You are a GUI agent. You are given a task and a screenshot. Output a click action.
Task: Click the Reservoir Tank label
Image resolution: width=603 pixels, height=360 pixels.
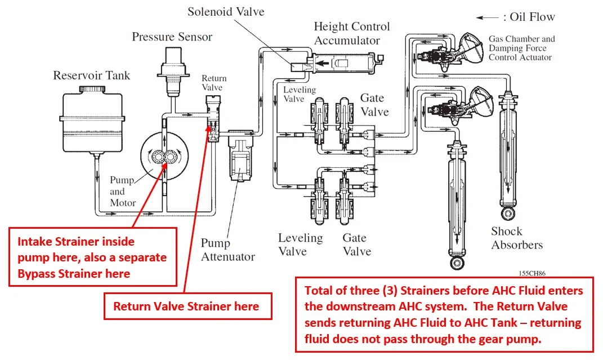coord(91,75)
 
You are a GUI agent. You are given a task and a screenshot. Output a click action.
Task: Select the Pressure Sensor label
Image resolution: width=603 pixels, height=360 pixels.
coord(172,37)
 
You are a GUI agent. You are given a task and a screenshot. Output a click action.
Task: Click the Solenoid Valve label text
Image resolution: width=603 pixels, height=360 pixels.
coord(226,11)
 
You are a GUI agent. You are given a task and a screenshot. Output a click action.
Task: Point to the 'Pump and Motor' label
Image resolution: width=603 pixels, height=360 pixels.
coord(122,191)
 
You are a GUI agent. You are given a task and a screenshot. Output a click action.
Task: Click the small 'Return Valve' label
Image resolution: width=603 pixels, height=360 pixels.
coord(212,83)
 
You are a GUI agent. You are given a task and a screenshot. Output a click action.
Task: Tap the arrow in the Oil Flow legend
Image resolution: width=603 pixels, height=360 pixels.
coord(487,17)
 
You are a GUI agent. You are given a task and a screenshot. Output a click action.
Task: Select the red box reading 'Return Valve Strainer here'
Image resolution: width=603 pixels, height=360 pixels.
coord(186,306)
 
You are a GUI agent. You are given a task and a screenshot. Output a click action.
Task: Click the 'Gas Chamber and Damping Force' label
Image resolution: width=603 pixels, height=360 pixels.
coord(521,43)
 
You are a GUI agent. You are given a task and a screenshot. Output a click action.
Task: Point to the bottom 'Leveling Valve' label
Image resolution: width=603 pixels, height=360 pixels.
coord(300,244)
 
